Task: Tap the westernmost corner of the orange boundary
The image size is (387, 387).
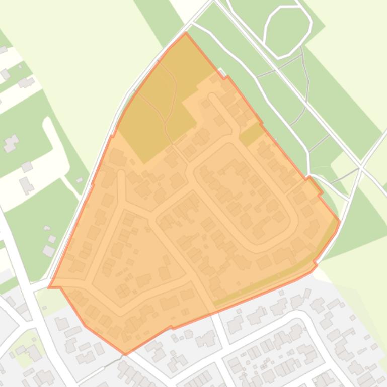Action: (x=49, y=287)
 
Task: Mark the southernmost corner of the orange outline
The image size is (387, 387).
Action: (x=125, y=354)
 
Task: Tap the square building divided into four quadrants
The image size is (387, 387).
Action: (x=123, y=290)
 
